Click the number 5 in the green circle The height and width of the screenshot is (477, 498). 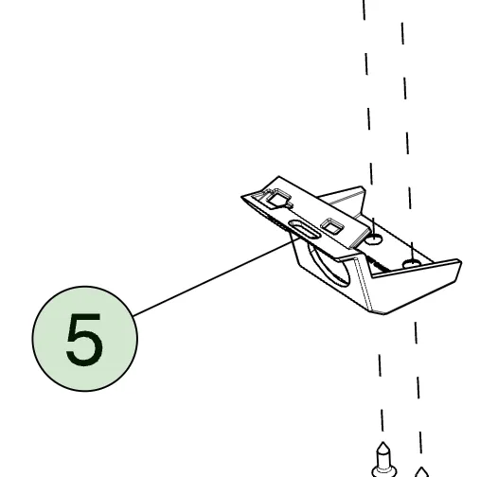tap(84, 339)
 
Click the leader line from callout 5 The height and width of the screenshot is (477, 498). tap(217, 276)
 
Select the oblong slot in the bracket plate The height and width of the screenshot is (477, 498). tap(304, 229)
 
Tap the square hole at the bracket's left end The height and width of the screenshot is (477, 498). tap(278, 198)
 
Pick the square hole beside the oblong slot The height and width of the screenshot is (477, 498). tap(332, 226)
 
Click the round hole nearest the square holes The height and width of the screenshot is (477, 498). tap(373, 239)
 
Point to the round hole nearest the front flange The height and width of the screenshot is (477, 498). tap(412, 264)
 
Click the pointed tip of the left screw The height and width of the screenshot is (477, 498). tap(383, 442)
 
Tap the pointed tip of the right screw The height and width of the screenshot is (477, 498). tap(421, 468)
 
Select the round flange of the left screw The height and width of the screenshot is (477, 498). tap(383, 471)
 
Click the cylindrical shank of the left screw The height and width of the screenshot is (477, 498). tap(383, 459)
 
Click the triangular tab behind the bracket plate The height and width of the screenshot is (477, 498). tap(347, 201)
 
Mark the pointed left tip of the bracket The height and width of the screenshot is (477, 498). tap(241, 197)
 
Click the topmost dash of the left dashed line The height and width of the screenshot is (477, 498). tap(365, 9)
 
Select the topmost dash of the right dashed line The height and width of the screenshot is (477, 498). tap(402, 33)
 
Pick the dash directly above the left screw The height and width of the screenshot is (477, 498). tap(382, 420)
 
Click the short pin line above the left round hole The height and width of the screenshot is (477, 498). tap(374, 228)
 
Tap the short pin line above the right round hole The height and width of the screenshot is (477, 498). tap(412, 253)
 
